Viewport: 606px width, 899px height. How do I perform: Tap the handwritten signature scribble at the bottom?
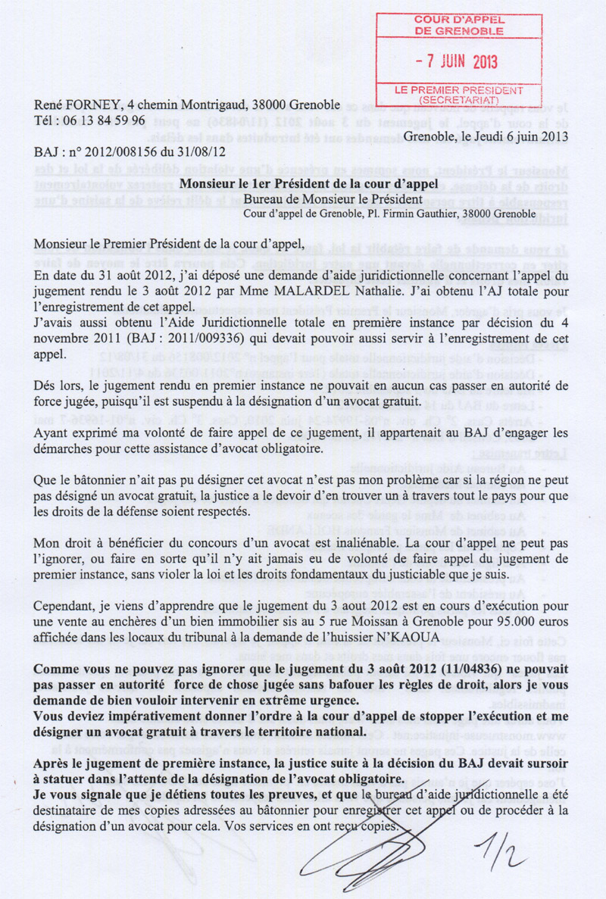pyautogui.click(x=386, y=841)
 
